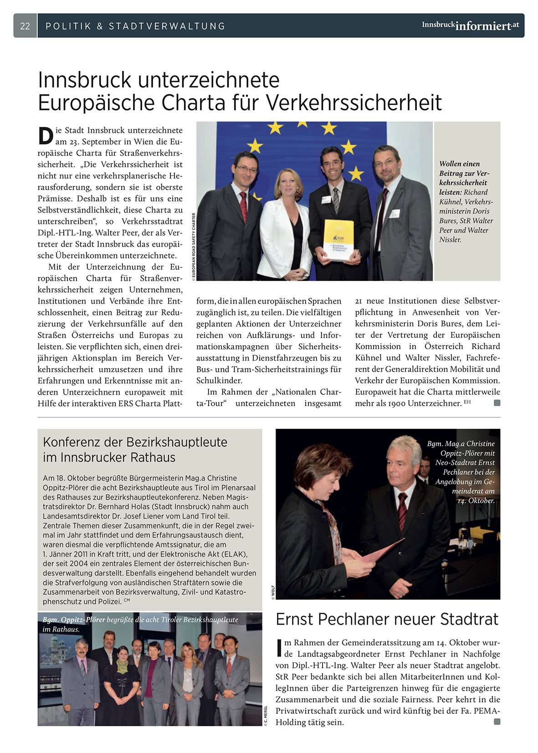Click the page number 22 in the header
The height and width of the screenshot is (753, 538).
(x=25, y=26)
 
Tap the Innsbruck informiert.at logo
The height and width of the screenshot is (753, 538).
(x=470, y=25)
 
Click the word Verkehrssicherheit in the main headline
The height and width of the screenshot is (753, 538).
(x=354, y=102)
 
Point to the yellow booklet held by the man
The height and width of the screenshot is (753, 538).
(x=338, y=239)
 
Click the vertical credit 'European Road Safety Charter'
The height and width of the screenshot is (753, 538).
(x=194, y=246)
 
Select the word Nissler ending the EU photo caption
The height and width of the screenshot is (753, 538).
(x=450, y=239)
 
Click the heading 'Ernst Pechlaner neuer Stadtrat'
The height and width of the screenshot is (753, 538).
(x=387, y=619)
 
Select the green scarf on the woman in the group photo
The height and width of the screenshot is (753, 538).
(x=122, y=667)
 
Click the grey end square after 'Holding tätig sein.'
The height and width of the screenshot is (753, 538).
(x=497, y=722)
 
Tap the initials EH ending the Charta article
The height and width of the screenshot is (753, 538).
(x=467, y=402)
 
